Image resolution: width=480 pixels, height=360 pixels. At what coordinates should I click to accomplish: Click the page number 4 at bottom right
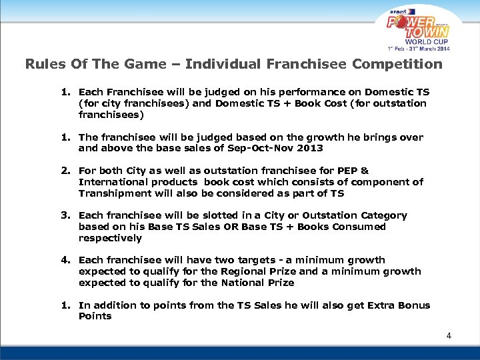449,336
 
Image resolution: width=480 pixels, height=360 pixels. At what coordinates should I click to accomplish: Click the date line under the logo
419,49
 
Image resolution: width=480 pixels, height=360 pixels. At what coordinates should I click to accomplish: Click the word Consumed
361,227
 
